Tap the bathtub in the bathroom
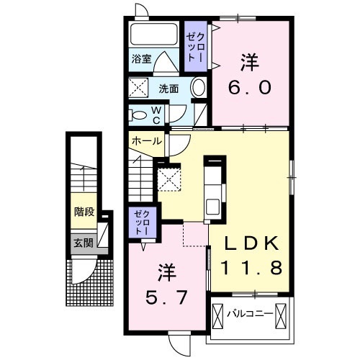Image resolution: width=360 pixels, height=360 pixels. coord(153,36)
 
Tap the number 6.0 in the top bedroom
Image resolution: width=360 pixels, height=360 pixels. coord(250,88)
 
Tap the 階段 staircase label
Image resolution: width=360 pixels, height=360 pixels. coord(84,212)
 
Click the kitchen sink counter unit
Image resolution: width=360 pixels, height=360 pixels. coord(214,190)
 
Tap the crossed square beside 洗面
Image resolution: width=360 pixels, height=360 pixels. coord(138,89)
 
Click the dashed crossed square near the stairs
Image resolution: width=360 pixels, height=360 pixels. coord(169,179)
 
